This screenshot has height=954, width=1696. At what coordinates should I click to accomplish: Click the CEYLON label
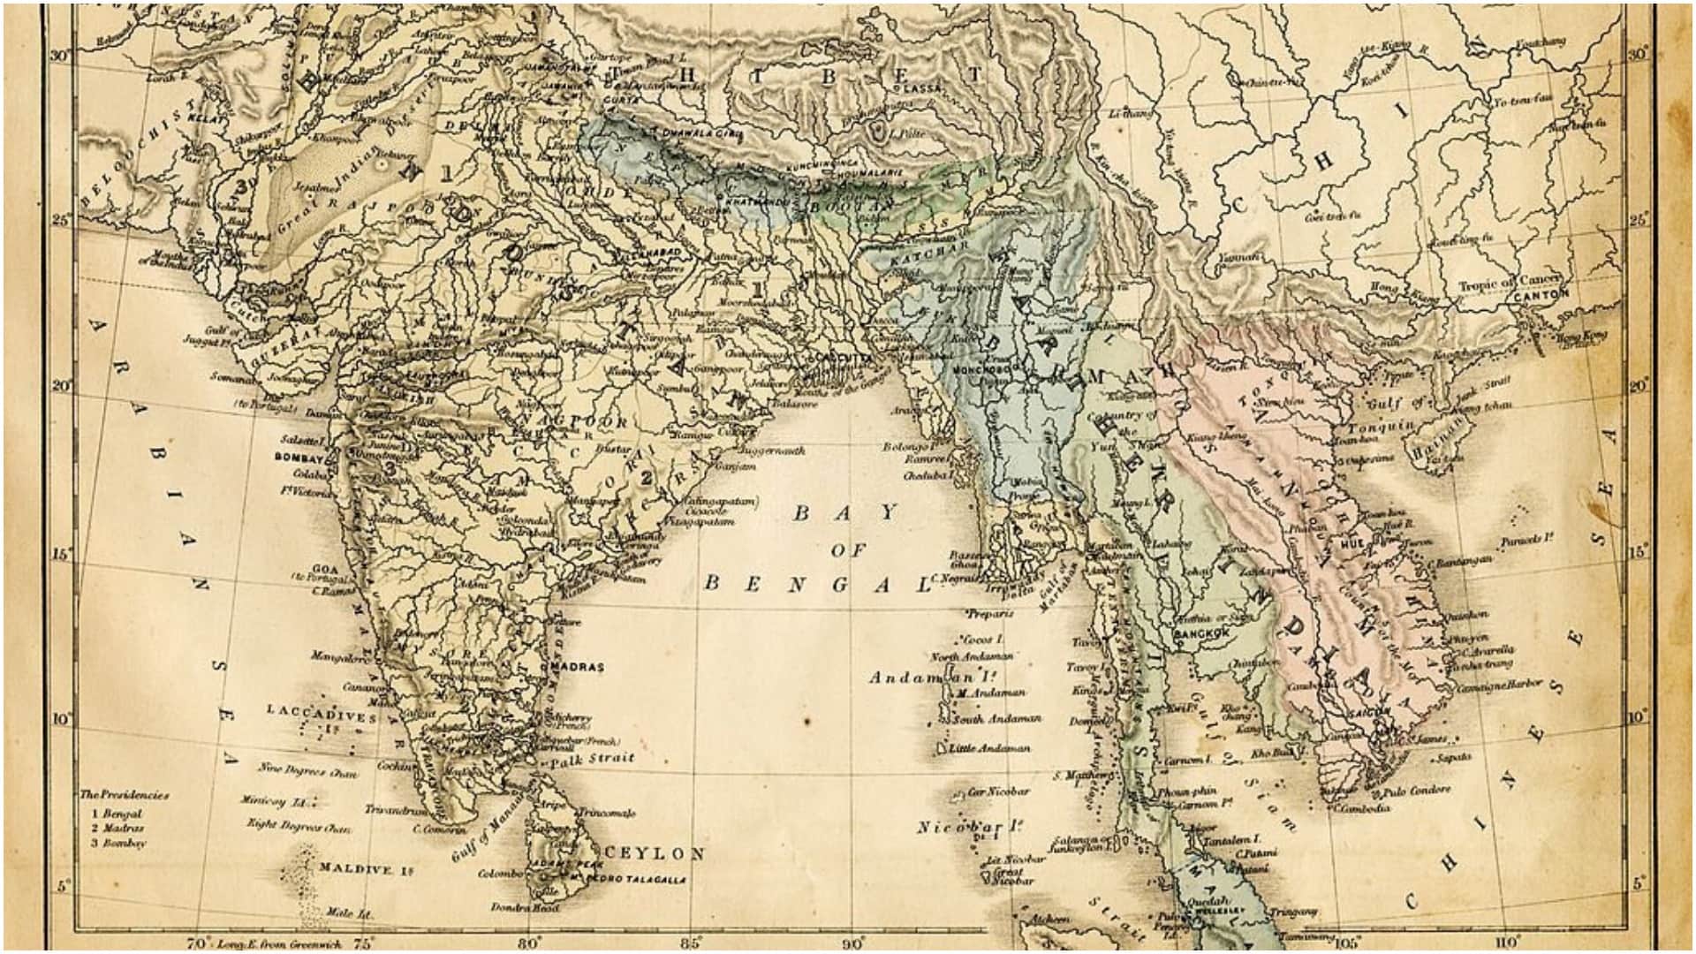[x=656, y=853]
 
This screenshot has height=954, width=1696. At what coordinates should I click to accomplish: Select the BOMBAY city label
[x=300, y=458]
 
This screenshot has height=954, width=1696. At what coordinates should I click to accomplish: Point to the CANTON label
[x=1541, y=295]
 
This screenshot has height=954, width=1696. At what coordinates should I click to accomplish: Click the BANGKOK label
[x=1201, y=634]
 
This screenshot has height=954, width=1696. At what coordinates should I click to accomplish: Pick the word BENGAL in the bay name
[x=817, y=584]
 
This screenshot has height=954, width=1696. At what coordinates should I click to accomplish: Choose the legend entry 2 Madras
[x=117, y=828]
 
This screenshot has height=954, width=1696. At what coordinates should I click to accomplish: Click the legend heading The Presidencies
[x=124, y=794]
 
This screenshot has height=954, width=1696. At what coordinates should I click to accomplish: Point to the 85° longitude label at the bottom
[x=692, y=943]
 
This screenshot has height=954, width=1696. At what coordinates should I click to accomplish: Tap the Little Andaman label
[x=988, y=748]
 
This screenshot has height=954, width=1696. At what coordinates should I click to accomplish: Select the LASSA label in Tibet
[x=921, y=89]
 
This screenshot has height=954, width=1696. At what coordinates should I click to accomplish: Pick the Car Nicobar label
[x=998, y=791]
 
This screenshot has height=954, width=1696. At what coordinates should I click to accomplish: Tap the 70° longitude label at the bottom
[x=199, y=943]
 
